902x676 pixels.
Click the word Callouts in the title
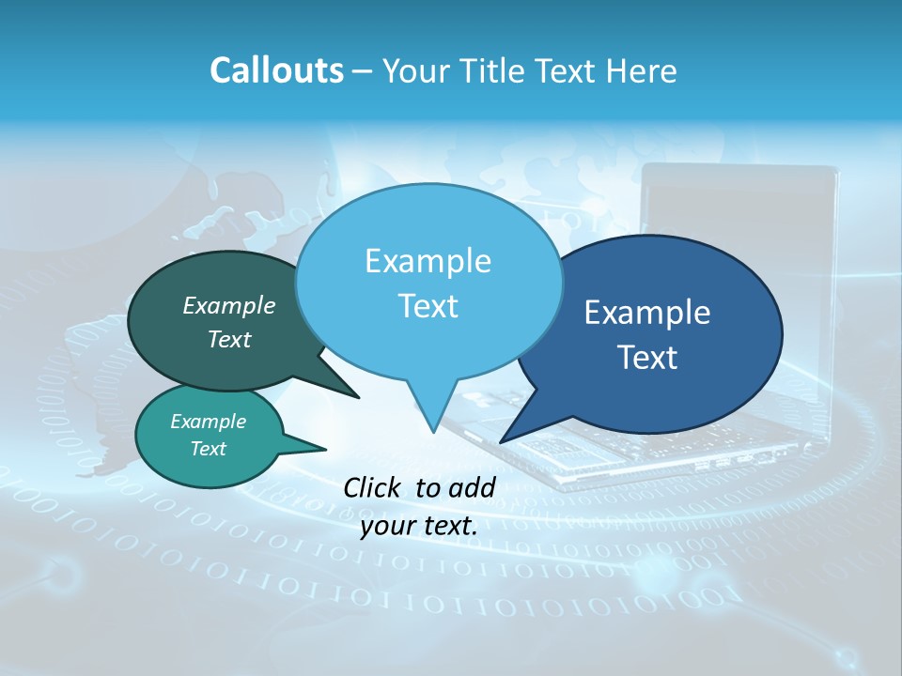276,70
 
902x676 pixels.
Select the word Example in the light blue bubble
428,261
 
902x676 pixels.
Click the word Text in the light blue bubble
428,306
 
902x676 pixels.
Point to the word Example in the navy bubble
647,313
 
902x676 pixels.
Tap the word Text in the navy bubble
647,358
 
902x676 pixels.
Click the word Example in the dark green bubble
228,305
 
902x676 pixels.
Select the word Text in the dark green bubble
228,339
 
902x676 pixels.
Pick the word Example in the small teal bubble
208,422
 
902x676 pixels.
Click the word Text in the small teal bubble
208,449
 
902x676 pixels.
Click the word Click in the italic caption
375,487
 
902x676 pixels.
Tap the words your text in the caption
419,527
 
